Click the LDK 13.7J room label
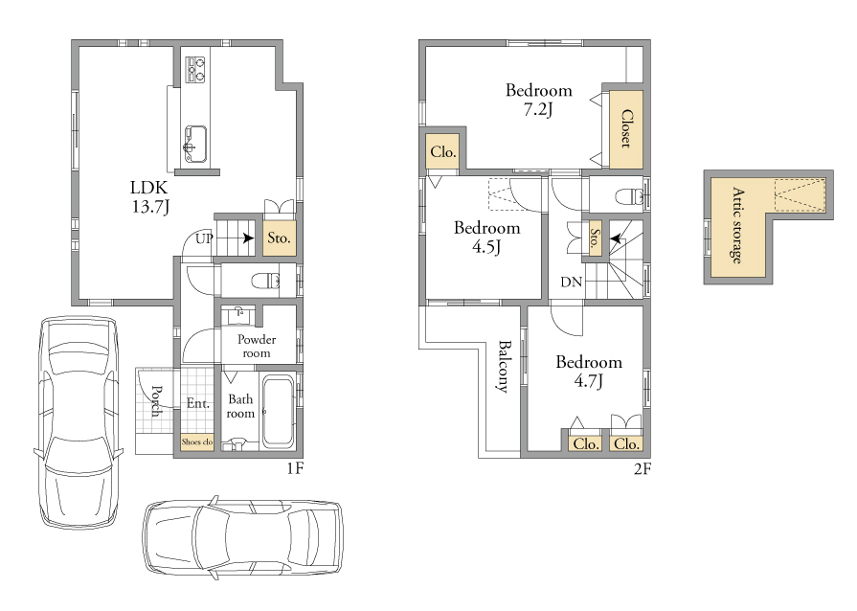coord(149,196)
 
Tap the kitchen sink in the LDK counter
coord(195,145)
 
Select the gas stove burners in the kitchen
coord(195,69)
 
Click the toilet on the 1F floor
coord(266,282)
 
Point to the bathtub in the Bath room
coord(279,412)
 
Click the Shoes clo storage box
coord(197,441)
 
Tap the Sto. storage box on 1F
coord(280,238)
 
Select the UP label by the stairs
coord(204,238)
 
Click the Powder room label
coord(257,346)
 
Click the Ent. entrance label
coord(198,403)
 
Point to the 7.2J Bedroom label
coord(539,100)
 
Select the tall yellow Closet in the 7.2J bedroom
coord(626,129)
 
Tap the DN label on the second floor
coord(571,282)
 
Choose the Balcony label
coord(504,367)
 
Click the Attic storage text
coord(738,225)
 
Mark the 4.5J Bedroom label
coord(487,238)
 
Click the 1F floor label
coord(295,468)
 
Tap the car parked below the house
coord(243,538)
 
